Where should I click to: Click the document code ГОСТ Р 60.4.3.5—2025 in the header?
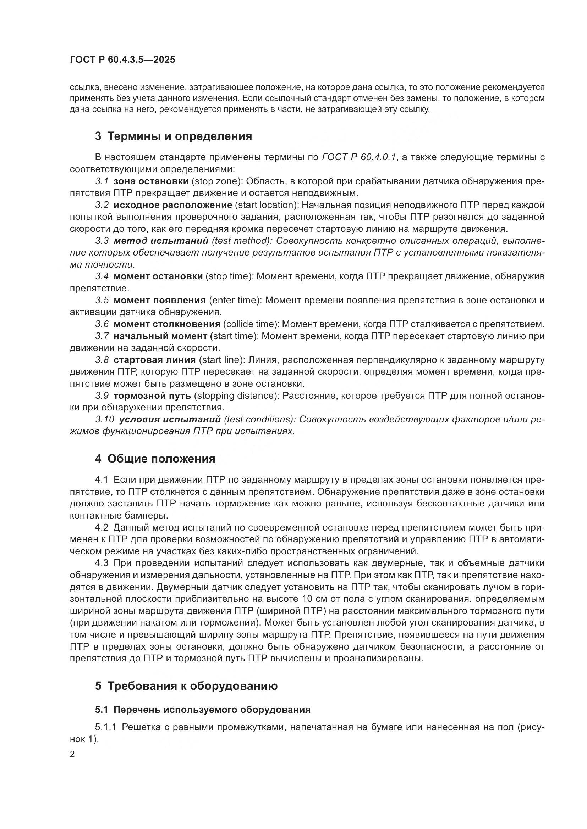point(122,60)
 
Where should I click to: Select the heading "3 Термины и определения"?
point(174,136)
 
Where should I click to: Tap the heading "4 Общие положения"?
point(155,459)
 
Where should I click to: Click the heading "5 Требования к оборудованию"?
point(186,686)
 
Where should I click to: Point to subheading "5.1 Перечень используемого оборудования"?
point(202,710)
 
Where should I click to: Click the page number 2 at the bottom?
point(72,755)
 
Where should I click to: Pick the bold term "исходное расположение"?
point(173,205)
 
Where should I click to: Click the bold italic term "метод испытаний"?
point(161,241)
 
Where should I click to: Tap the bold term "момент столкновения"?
point(167,324)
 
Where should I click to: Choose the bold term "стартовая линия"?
point(155,360)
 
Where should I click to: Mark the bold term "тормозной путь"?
point(152,396)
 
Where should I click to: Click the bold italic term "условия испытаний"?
point(170,420)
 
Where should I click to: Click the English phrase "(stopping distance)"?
point(237,396)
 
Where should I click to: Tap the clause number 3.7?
point(102,336)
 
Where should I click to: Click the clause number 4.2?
point(102,527)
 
